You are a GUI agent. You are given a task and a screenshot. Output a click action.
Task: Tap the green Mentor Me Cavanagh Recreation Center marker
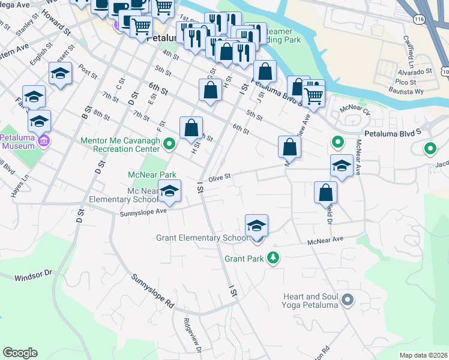170,143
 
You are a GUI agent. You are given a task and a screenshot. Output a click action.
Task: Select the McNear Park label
152,175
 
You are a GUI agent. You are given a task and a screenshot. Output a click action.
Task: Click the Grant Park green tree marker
274,259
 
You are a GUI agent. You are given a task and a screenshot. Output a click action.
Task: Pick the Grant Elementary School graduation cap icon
257,226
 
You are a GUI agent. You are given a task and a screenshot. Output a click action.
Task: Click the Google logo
20,353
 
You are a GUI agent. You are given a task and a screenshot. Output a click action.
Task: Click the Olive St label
220,178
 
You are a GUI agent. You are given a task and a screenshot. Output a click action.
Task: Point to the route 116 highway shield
418,20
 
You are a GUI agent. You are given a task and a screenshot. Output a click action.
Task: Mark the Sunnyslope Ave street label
143,211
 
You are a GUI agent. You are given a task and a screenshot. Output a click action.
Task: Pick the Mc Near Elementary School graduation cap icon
170,191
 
